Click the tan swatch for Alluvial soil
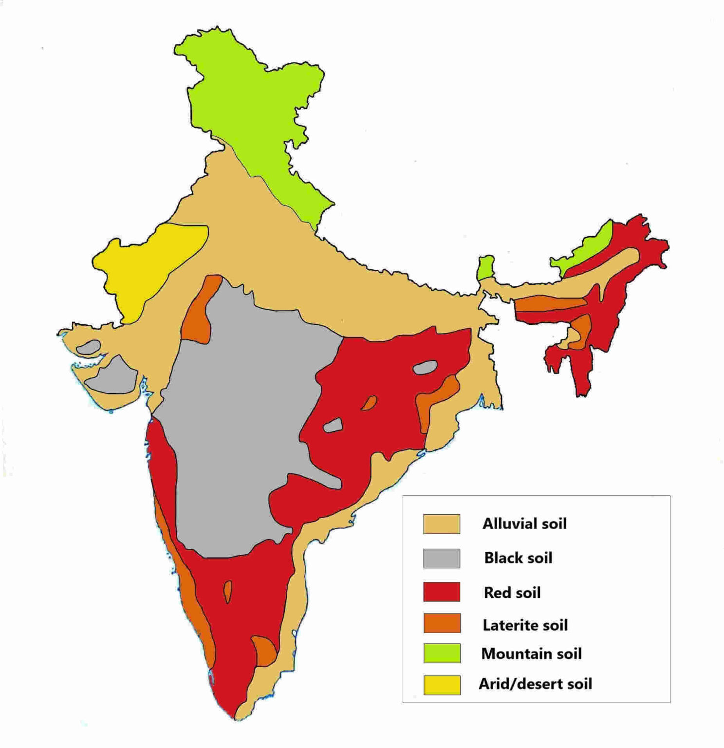pyautogui.click(x=442, y=524)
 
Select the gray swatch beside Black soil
pyautogui.click(x=442, y=558)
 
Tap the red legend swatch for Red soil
pyautogui.click(x=442, y=592)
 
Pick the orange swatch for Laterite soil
pyautogui.click(x=442, y=623)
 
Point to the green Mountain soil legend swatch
pyautogui.click(x=442, y=653)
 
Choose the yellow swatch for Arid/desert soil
pyautogui.click(x=442, y=685)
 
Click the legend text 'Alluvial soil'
pyautogui.click(x=524, y=524)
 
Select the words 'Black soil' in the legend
pyautogui.click(x=518, y=558)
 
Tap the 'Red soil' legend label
pyautogui.click(x=512, y=593)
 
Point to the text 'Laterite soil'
pyautogui.click(x=525, y=625)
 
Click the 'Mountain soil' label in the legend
pyautogui.click(x=531, y=654)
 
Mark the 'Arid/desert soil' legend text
pyautogui.click(x=535, y=684)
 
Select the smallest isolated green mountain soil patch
pyautogui.click(x=485, y=267)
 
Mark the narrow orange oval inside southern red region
pyautogui.click(x=227, y=592)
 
